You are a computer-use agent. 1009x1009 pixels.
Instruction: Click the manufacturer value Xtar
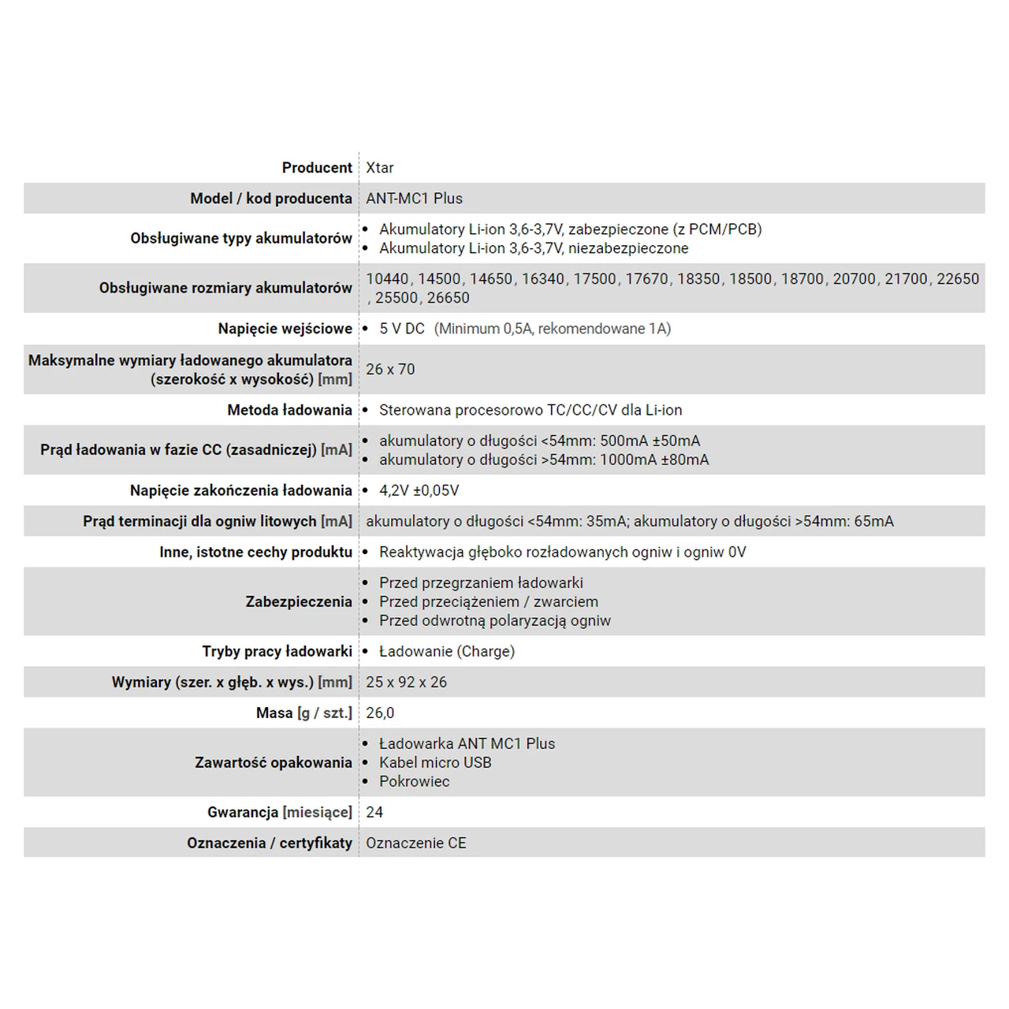point(380,168)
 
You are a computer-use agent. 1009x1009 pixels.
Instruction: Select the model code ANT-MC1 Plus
point(414,199)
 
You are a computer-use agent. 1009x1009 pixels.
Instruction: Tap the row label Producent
point(317,168)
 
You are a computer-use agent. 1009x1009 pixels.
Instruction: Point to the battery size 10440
point(387,279)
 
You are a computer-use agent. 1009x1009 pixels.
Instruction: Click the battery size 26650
point(448,298)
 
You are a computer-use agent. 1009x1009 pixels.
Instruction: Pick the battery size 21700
point(906,279)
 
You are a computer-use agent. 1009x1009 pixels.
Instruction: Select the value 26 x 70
point(390,369)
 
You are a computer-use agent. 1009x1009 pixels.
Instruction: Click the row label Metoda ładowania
point(289,410)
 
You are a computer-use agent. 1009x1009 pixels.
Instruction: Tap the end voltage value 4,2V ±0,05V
point(419,490)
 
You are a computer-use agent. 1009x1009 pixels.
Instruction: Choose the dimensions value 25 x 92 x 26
point(406,682)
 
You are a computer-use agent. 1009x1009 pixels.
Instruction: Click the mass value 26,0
point(380,713)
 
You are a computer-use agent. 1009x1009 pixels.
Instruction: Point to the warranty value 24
point(374,812)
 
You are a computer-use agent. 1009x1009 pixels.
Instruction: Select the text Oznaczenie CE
point(415,843)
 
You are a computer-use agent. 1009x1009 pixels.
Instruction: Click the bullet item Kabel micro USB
point(435,762)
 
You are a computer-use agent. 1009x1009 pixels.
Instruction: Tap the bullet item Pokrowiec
point(414,781)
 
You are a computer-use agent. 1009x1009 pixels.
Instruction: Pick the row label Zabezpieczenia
point(299,601)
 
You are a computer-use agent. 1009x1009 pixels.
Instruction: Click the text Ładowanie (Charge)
point(446,651)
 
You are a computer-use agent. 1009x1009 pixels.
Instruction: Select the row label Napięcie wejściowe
point(285,329)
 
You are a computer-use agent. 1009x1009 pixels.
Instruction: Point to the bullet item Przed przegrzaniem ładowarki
point(481,583)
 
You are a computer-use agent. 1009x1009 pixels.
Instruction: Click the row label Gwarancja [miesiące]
point(279,812)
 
